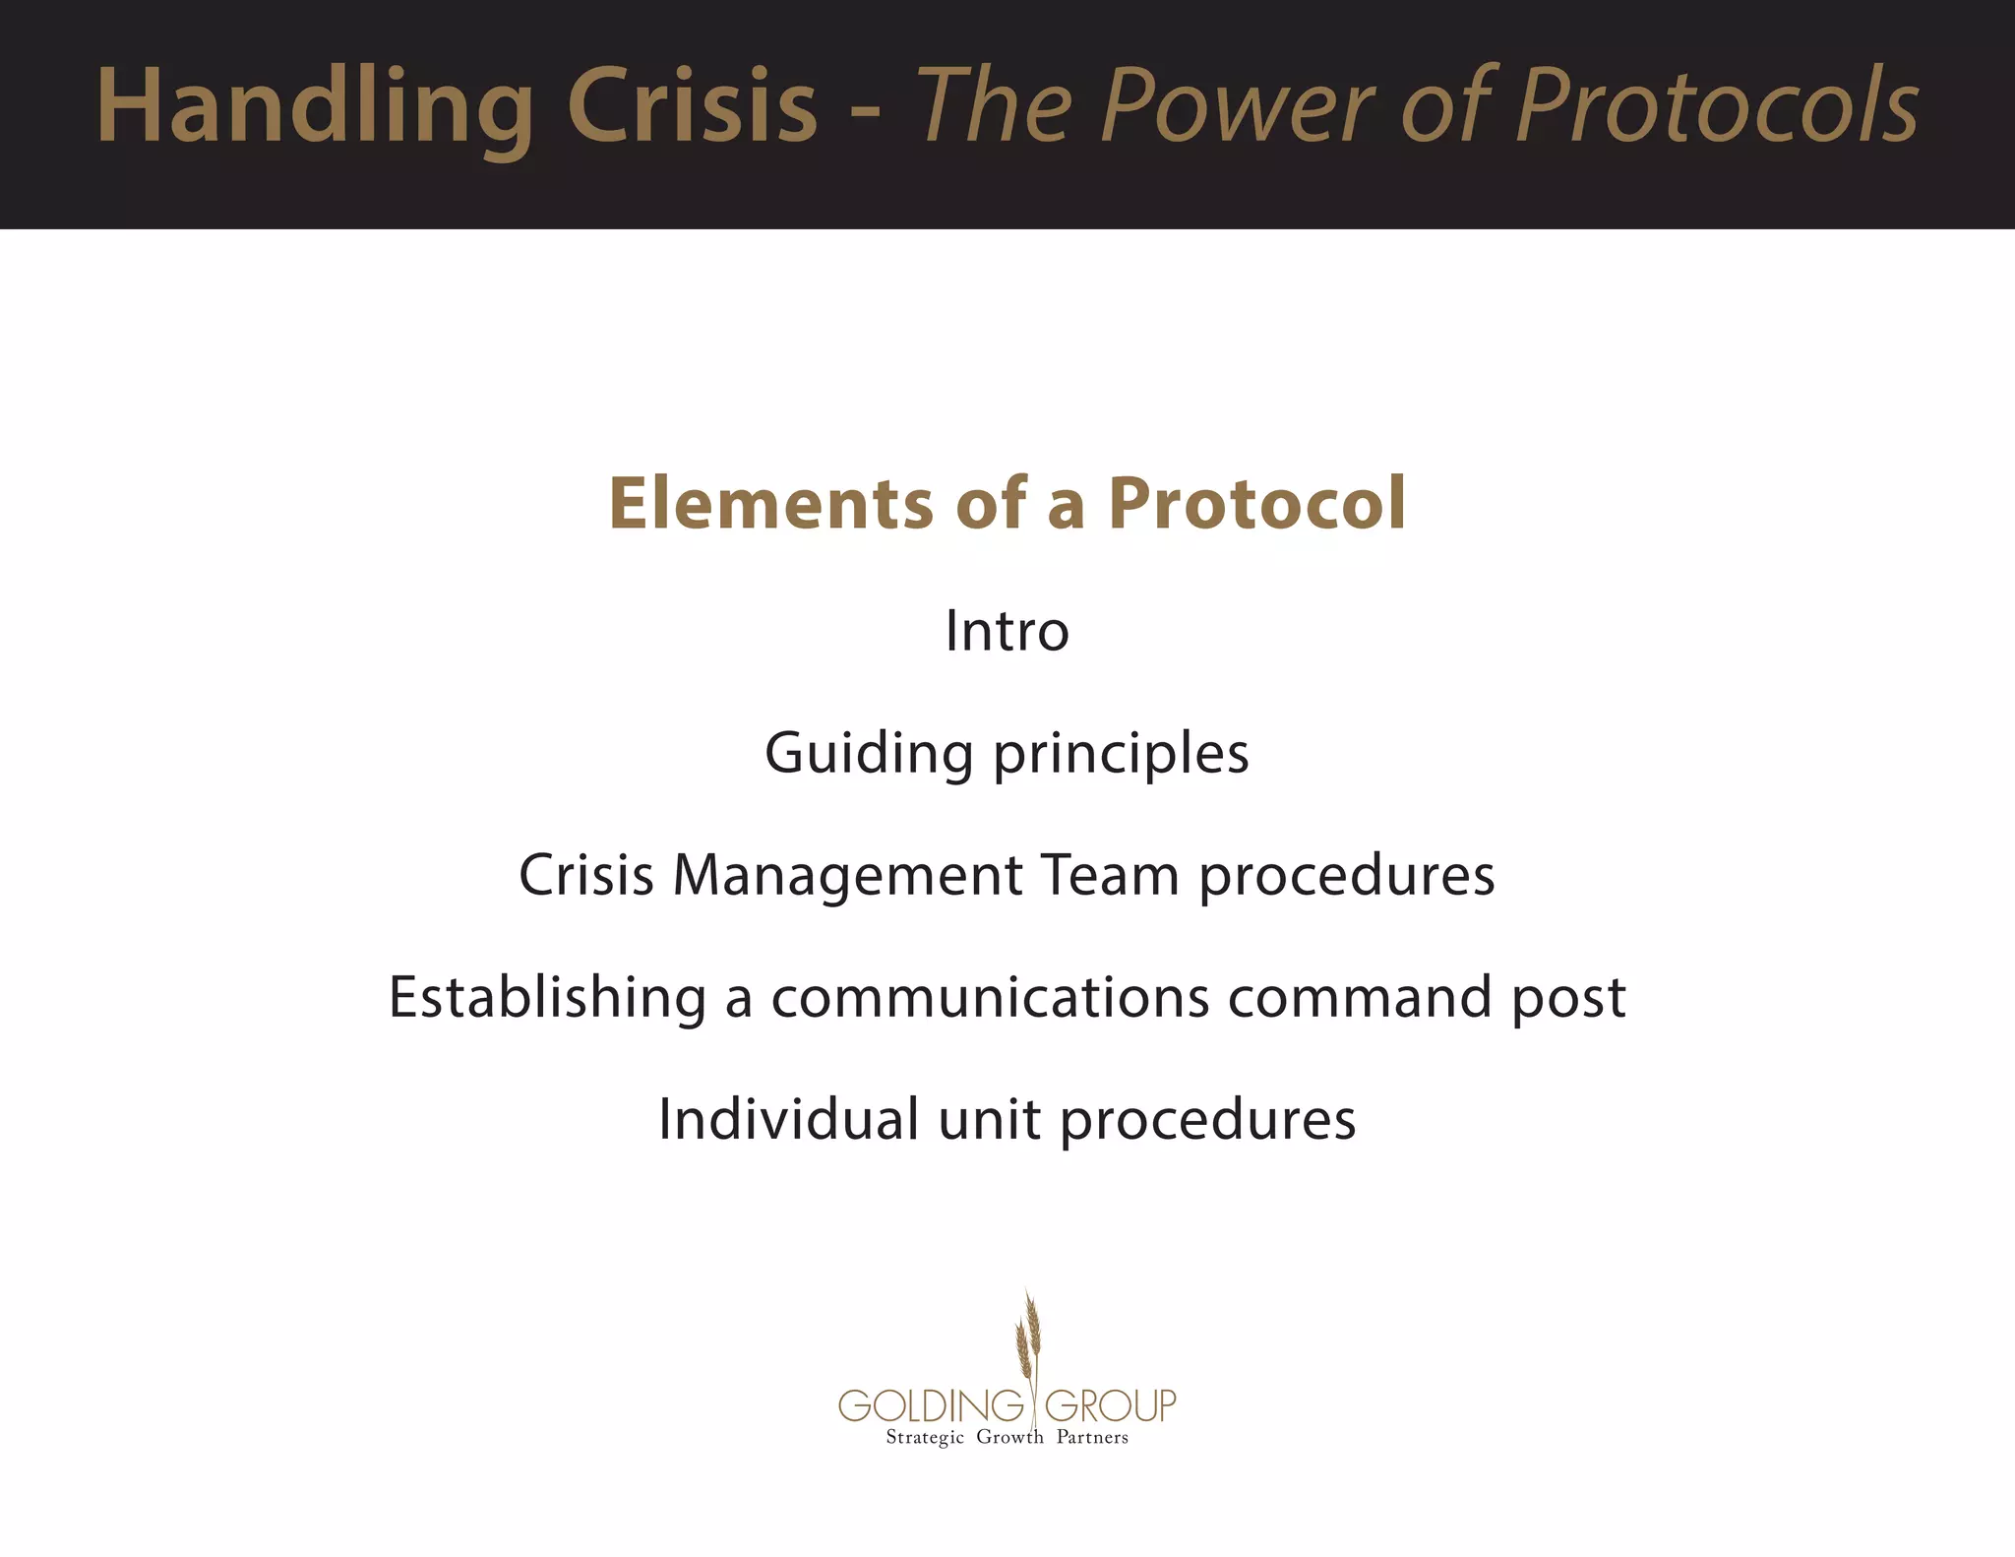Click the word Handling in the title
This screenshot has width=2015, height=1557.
pyautogui.click(x=315, y=106)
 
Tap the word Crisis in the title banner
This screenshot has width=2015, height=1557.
pyautogui.click(x=692, y=106)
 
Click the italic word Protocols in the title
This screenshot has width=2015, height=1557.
pyautogui.click(x=1716, y=106)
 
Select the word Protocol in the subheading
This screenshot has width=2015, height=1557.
pyautogui.click(x=1256, y=504)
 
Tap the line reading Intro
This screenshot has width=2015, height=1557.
pyautogui.click(x=1007, y=631)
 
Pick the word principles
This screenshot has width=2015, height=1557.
pyautogui.click(x=1121, y=755)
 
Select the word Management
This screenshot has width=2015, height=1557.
pyautogui.click(x=847, y=875)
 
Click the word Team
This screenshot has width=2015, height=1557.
pyautogui.click(x=1110, y=875)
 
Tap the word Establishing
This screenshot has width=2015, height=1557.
pyautogui.click(x=547, y=997)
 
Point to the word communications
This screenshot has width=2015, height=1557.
pyautogui.click(x=990, y=997)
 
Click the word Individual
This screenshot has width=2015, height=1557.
pyautogui.click(x=788, y=1120)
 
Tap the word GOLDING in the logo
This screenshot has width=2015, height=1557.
pyautogui.click(x=931, y=1405)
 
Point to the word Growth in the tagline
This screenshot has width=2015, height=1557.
pyautogui.click(x=1009, y=1438)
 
